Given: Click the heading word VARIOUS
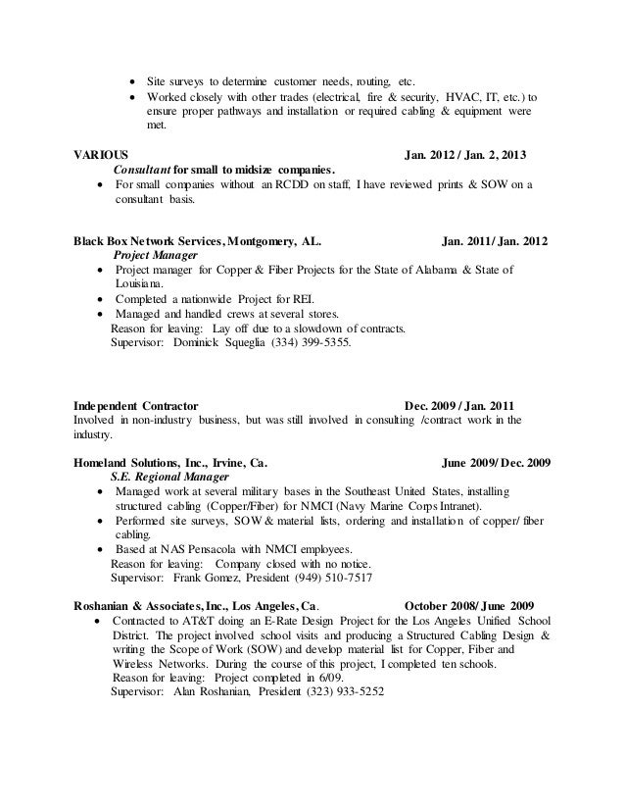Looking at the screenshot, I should [99, 155].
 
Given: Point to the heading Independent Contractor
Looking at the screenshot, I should [136, 405].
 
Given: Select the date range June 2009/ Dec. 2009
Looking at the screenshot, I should [497, 461].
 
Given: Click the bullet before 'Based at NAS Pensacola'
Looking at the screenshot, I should [104, 549].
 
